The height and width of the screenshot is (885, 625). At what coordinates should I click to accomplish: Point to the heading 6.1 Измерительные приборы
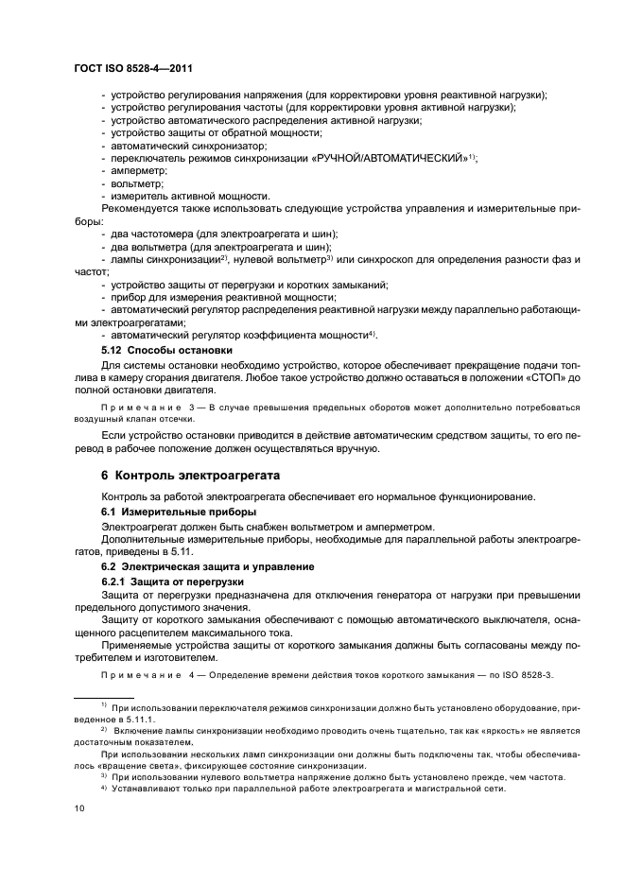(x=179, y=512)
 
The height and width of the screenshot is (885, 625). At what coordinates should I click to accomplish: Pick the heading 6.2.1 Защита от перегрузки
(x=173, y=580)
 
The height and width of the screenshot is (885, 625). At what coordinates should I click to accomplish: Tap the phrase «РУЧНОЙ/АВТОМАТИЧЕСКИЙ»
(x=390, y=158)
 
